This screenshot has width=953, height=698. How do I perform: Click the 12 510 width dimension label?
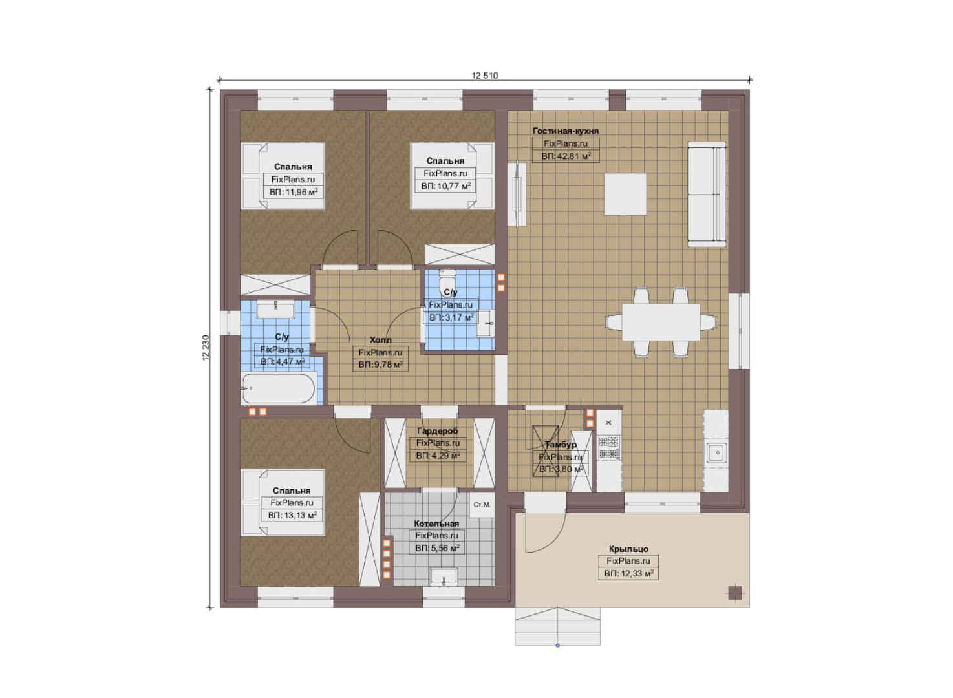point(484,76)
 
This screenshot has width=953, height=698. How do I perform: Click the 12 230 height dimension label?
point(206,348)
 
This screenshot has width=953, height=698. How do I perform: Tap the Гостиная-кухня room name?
point(566,131)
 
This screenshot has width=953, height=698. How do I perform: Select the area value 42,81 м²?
point(566,156)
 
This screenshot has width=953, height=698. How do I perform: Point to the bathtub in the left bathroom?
point(279,388)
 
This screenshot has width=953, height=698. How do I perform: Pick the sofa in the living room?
point(706,195)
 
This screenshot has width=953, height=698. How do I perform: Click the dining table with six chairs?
point(661,322)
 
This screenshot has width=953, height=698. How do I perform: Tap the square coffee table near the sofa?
point(625,194)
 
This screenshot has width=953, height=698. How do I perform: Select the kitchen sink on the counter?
point(717,452)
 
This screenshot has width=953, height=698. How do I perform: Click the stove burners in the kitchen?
point(608,447)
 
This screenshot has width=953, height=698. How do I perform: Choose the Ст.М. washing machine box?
point(482,505)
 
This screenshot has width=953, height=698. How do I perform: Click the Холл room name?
point(380,340)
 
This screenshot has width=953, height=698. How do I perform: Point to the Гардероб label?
point(438,431)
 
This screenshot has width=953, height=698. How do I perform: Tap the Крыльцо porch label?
point(628,549)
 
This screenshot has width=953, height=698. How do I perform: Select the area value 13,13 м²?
point(292,516)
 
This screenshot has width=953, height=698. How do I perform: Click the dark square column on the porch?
point(734,593)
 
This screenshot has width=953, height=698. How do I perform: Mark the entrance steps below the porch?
point(557,626)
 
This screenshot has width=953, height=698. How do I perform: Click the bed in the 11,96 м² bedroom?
point(283,176)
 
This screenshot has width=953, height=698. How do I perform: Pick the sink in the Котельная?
point(444,577)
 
